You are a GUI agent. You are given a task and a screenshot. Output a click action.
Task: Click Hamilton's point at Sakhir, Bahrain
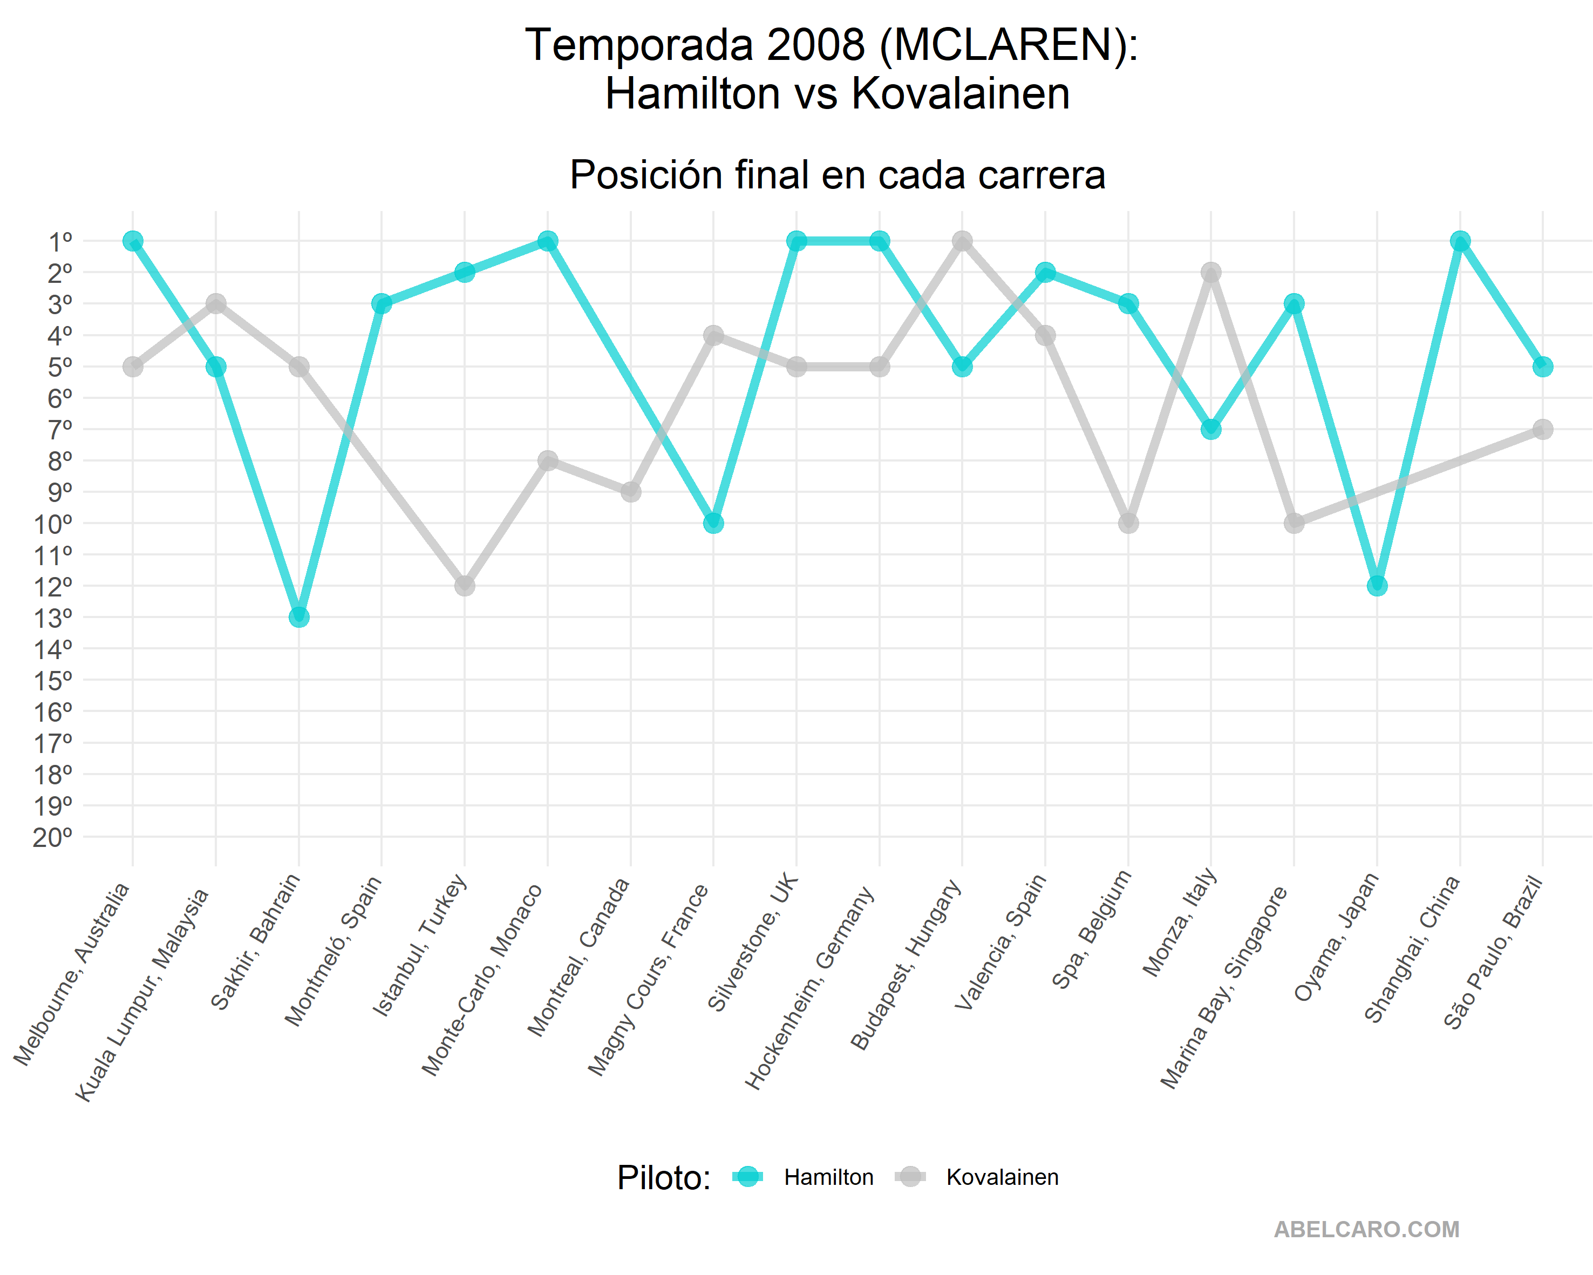[298, 616]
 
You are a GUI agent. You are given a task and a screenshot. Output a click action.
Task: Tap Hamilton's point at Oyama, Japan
[1377, 585]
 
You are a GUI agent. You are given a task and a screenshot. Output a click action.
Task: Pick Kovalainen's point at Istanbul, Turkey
[464, 585]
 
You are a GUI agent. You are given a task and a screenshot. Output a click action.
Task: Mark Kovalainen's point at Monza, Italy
[1210, 273]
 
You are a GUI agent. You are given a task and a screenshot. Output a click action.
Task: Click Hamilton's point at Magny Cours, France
[713, 523]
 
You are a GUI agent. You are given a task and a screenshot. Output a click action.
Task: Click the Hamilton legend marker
[748, 1177]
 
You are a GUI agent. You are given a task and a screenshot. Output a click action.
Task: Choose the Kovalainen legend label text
[1002, 1177]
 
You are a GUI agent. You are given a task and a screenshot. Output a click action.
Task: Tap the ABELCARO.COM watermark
[1366, 1229]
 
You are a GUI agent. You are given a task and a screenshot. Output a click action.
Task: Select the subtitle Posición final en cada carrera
[837, 175]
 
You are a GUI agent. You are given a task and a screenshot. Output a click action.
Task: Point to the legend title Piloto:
[664, 1177]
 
